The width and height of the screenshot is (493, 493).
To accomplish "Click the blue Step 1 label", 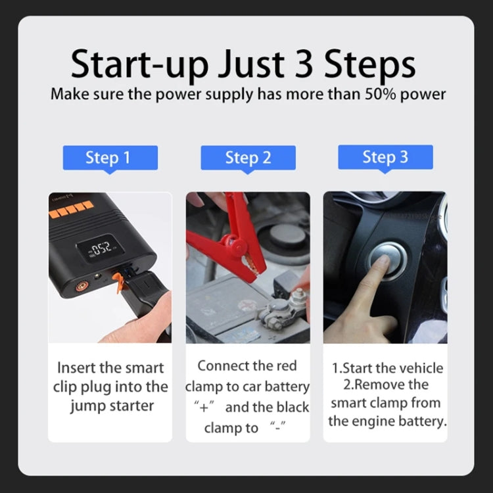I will pos(110,158).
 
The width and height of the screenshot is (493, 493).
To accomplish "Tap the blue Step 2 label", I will pos(248,158).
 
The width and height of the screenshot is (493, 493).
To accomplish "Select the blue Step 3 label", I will pos(385,157).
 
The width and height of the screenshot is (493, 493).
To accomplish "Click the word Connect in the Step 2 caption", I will pos(222,365).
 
